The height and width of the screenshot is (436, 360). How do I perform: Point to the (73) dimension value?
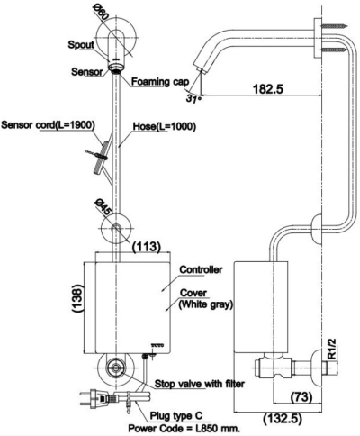coord(303,395)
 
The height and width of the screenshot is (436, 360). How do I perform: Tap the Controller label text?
coord(202,269)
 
